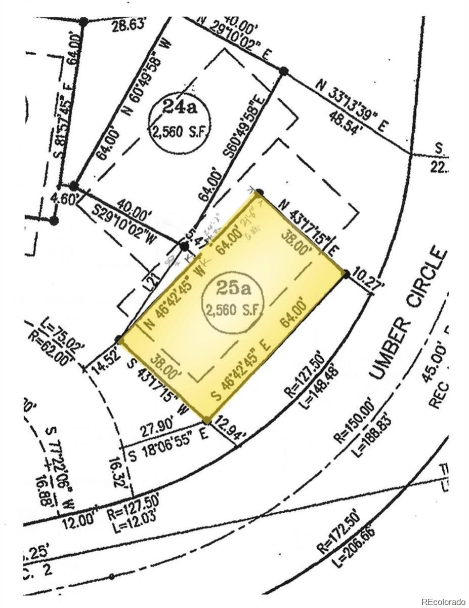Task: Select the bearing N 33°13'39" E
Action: (349, 106)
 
